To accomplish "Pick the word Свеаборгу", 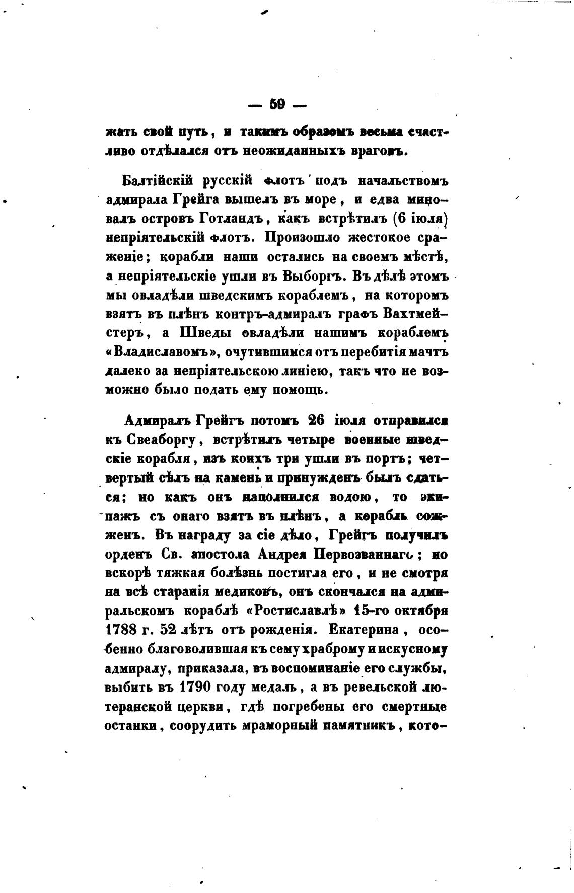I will [158, 439].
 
